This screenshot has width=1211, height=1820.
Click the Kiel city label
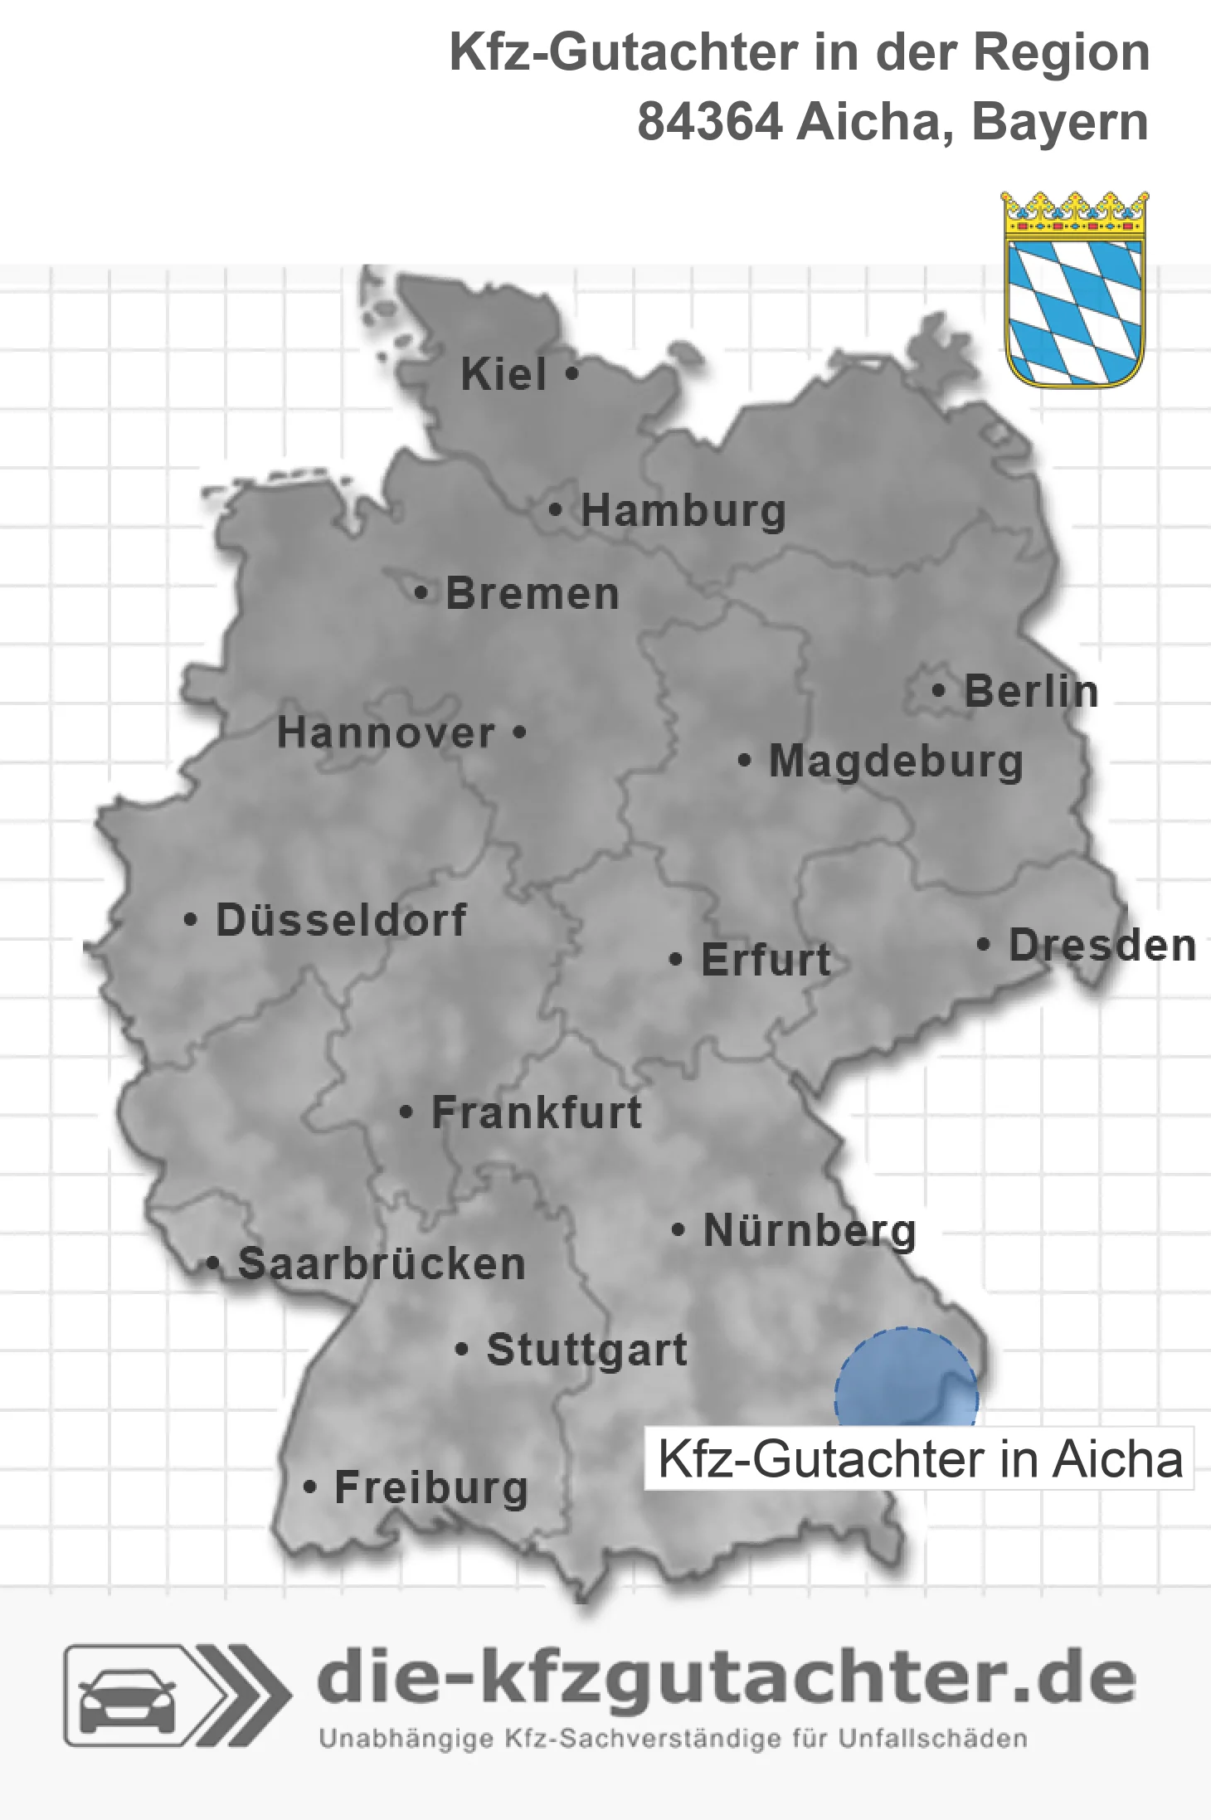(503, 374)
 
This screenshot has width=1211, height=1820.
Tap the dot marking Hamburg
(556, 510)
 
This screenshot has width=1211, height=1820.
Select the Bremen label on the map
(533, 594)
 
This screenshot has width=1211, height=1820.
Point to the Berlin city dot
(938, 690)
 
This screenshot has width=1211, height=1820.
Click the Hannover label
(386, 733)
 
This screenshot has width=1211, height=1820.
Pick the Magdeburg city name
(896, 762)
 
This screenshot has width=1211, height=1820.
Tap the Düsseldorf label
(341, 920)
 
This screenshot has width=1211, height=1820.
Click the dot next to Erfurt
(676, 960)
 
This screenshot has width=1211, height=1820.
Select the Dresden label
(1102, 945)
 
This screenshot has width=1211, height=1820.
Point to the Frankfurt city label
(537, 1112)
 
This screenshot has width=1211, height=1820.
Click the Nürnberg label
(810, 1231)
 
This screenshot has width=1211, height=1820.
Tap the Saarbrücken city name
(382, 1264)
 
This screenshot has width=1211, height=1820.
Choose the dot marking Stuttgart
(462, 1350)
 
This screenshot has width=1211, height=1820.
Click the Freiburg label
(431, 1487)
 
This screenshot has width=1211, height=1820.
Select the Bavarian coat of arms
(1075, 290)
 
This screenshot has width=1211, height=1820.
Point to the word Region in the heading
(1061, 52)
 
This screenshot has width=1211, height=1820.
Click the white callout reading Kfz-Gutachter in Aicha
(919, 1459)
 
